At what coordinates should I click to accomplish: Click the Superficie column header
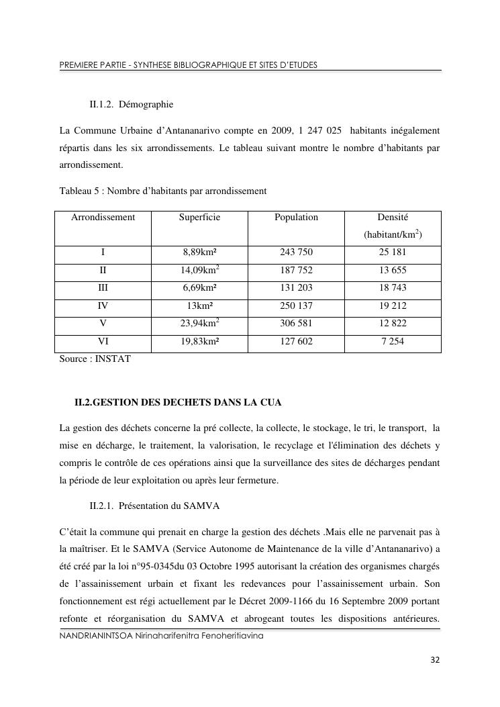tap(199, 218)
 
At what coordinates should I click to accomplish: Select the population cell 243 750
tap(296, 252)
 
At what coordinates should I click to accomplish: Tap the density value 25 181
tap(393, 252)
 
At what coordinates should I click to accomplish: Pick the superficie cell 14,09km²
tap(199, 270)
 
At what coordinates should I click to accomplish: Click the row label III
tap(103, 287)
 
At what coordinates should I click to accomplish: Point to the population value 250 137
tap(296, 305)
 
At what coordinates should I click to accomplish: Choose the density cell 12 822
tap(393, 323)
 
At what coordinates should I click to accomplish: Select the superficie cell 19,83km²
tap(199, 341)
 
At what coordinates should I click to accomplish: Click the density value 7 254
tap(393, 341)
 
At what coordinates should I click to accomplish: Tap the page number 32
tap(435, 661)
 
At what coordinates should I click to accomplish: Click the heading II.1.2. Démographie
tap(131, 105)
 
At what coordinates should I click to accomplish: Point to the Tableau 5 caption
tap(163, 191)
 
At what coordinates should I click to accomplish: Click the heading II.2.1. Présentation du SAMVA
tap(154, 505)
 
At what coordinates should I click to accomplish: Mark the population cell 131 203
tap(296, 287)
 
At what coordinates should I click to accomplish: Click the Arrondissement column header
tap(103, 218)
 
